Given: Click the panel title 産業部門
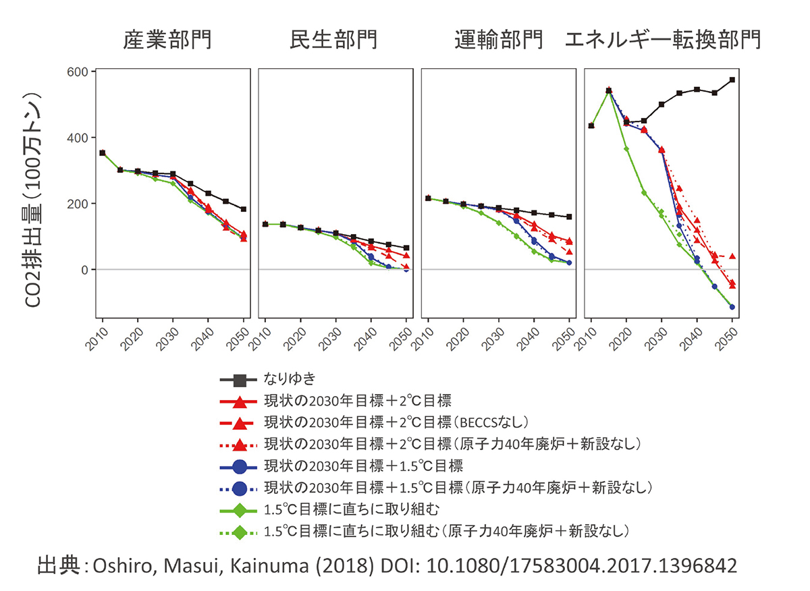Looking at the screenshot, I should click(167, 40).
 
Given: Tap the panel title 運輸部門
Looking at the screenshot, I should click(499, 40).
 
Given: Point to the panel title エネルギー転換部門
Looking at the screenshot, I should click(663, 40).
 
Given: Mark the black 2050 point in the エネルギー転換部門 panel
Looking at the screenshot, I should click(732, 80).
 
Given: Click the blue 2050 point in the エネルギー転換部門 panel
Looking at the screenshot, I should click(732, 307).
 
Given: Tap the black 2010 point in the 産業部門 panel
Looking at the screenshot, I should click(102, 153).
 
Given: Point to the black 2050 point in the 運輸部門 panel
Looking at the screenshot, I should click(569, 217).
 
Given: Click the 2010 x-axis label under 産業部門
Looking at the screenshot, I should click(97, 337).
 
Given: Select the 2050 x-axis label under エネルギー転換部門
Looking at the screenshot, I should click(726, 337).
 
